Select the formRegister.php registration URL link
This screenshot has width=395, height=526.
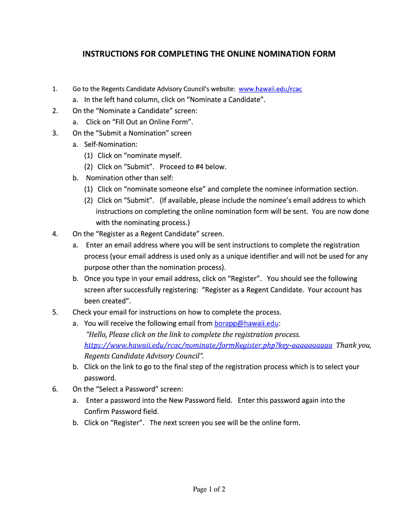point(208,345)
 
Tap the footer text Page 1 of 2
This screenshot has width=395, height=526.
point(209,490)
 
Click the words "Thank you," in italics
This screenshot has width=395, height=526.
point(354,345)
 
